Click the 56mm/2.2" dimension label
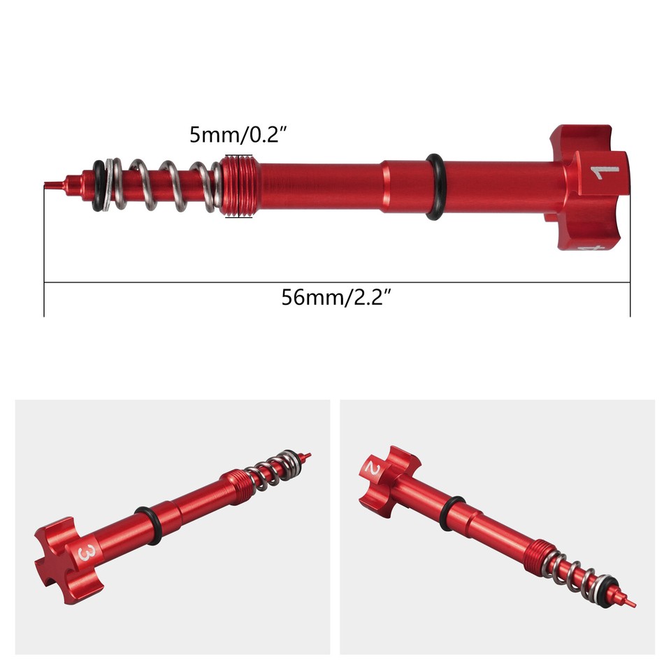point(335,297)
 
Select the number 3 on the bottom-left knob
point(87,553)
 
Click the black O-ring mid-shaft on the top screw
point(434,186)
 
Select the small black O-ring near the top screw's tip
point(99,185)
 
